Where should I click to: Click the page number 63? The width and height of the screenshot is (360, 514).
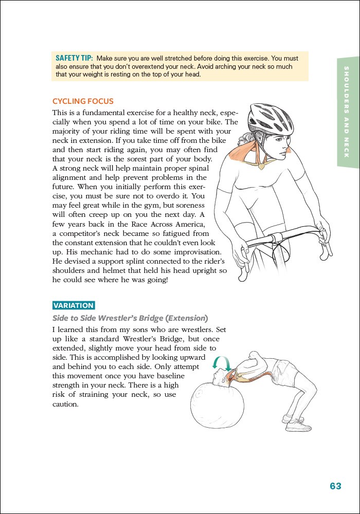(335, 486)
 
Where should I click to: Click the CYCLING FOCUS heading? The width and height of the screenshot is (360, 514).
(83, 101)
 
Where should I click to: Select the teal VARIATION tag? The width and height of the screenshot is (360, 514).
(74, 305)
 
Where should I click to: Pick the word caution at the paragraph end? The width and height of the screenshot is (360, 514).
(66, 404)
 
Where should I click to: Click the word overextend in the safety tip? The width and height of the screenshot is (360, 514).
(184, 66)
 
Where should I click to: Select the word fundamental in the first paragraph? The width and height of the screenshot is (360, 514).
(100, 112)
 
